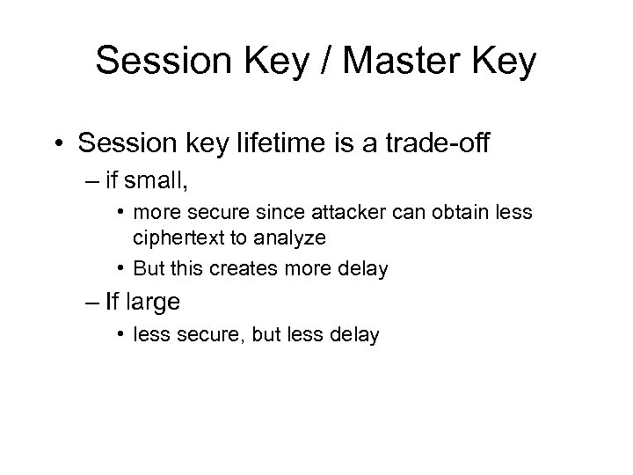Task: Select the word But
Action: coord(149,270)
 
